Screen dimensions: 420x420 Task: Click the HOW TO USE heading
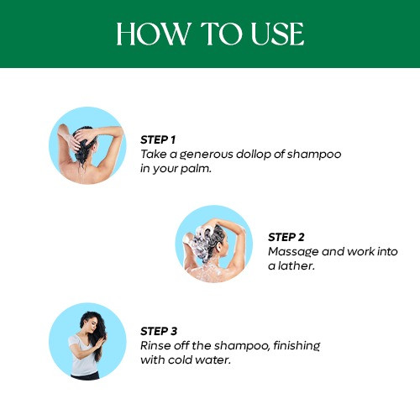point(210,34)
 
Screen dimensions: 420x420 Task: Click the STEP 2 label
point(285,237)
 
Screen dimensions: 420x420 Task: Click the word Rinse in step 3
point(155,345)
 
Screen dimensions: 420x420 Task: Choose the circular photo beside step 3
point(87,340)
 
